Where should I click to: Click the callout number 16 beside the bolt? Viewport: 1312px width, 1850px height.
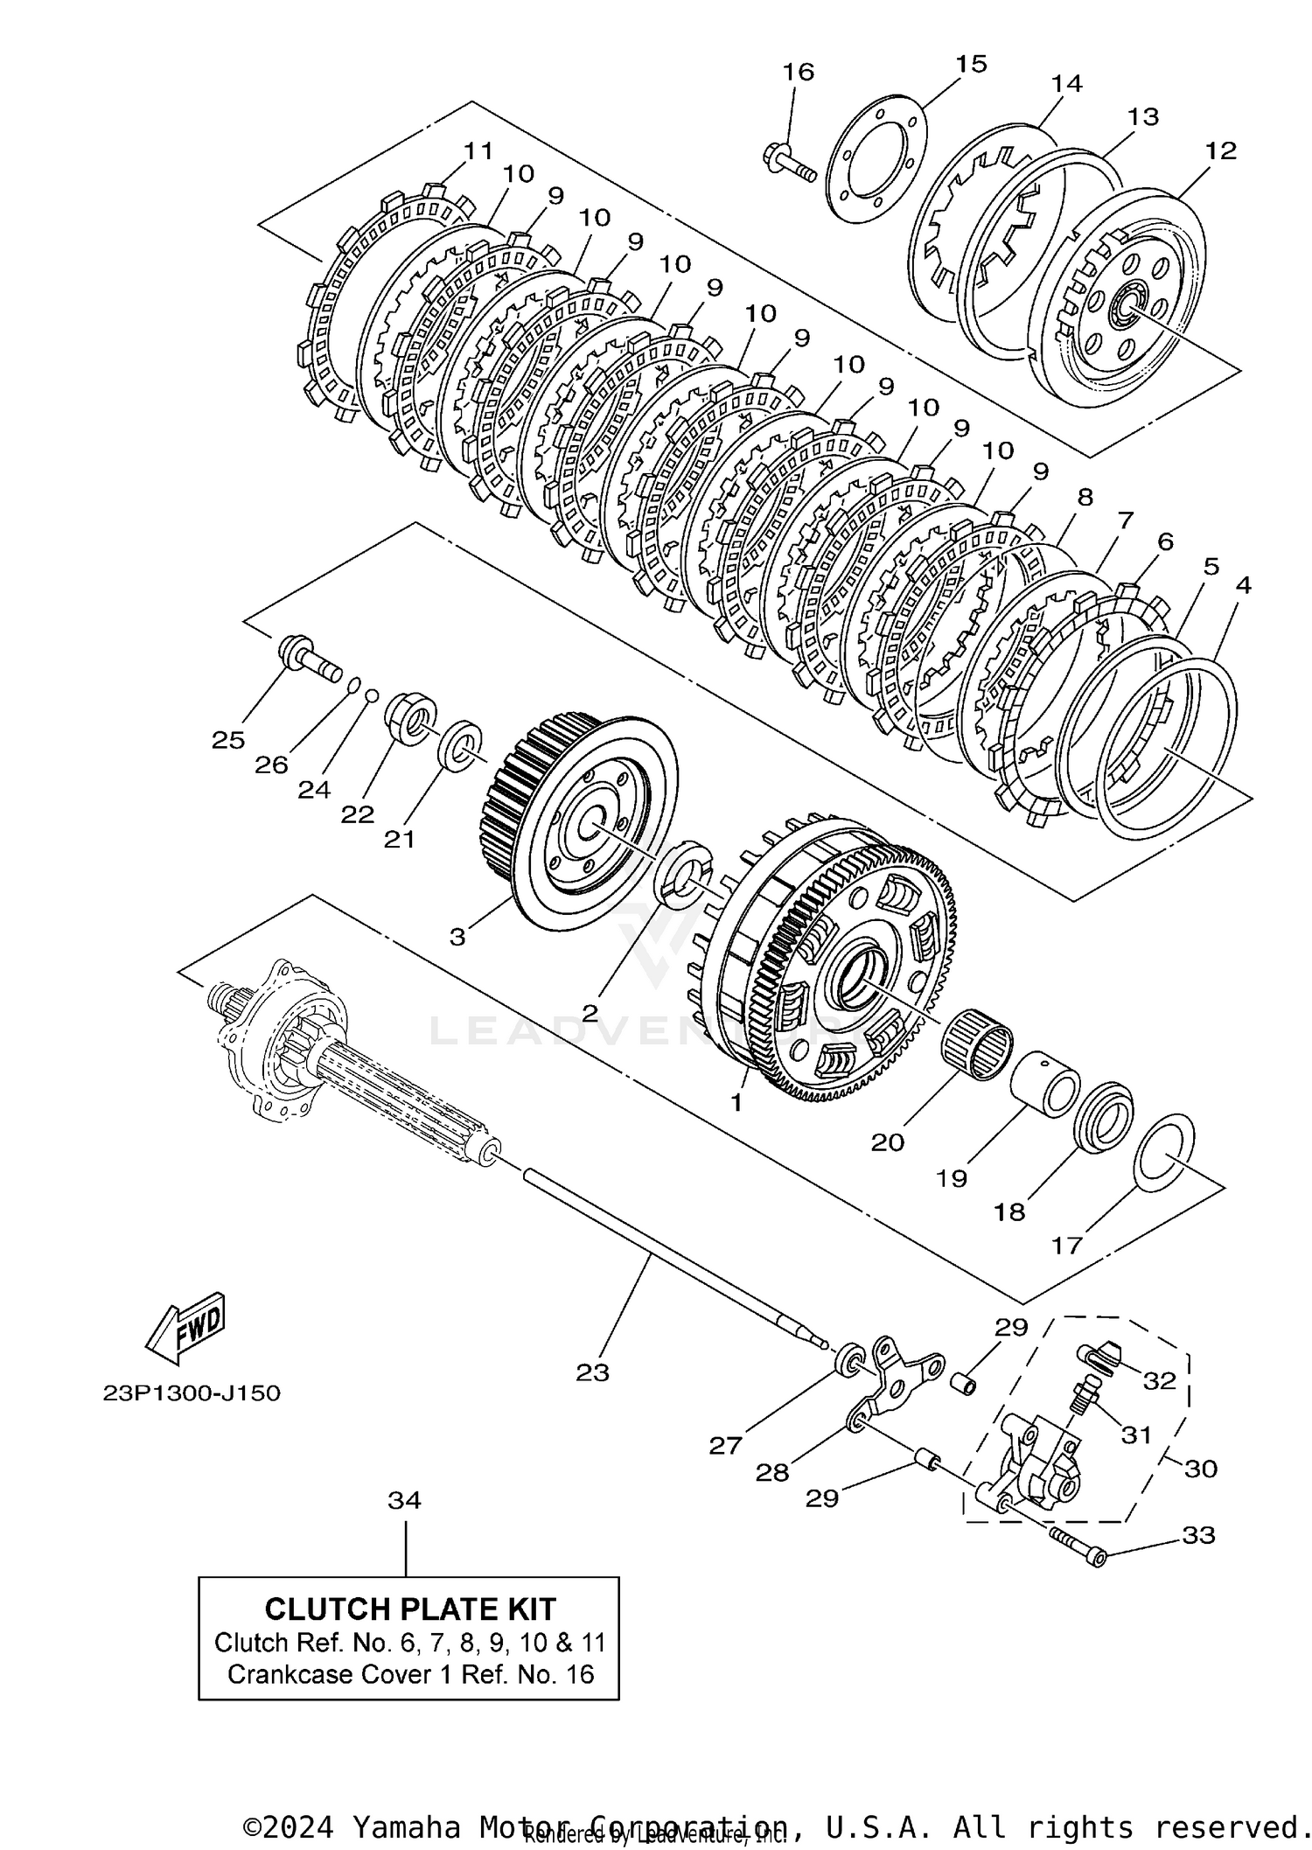click(798, 72)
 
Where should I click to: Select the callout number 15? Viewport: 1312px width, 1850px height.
click(970, 64)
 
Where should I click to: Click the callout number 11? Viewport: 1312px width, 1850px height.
click(478, 150)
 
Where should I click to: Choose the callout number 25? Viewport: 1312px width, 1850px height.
click(228, 740)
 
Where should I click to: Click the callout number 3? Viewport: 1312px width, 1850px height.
click(457, 937)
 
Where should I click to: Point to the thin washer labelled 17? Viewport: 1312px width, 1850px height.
click(1164, 1153)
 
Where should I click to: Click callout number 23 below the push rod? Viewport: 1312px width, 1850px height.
click(592, 1372)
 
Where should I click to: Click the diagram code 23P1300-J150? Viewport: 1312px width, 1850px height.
click(192, 1393)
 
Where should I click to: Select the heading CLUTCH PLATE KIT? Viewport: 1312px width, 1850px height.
click(409, 1609)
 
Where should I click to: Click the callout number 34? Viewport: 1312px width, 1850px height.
click(405, 1500)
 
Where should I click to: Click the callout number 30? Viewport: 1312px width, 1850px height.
click(1201, 1468)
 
